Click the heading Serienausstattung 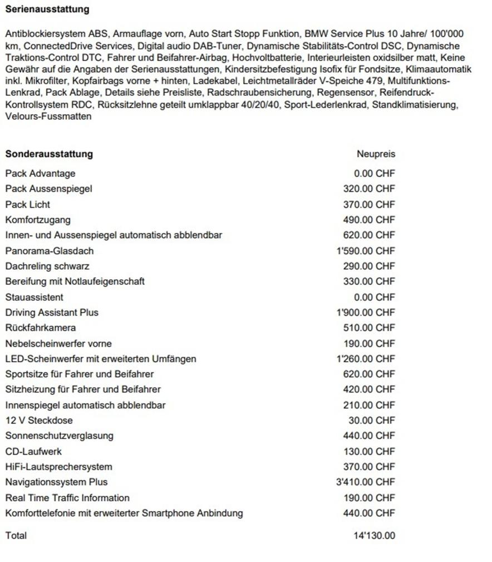47,9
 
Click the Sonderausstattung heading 49,154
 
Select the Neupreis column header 376,154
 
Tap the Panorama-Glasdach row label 50,251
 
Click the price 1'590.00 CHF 366,251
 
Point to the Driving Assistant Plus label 52,313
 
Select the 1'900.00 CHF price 366,313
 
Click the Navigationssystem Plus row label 56,482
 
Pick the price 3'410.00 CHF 366,482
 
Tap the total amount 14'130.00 374,536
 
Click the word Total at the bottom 16,536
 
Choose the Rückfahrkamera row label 41,328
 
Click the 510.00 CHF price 369,328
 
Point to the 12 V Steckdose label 39,420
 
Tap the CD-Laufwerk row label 33,451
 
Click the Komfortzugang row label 38,220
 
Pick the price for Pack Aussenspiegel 369,189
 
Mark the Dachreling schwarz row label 47,267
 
